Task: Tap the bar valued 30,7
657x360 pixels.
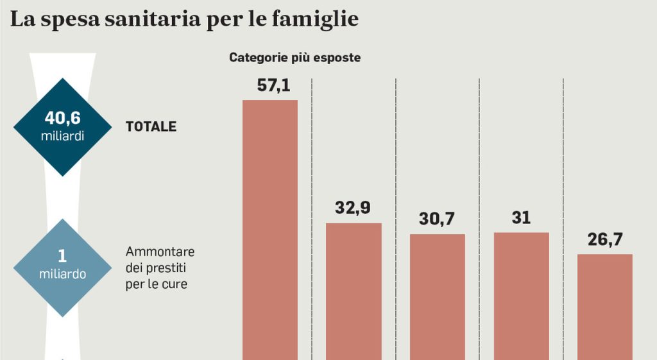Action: [437, 296]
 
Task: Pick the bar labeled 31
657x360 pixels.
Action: [521, 295]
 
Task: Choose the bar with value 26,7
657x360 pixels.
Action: [604, 307]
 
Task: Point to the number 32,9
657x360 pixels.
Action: [353, 209]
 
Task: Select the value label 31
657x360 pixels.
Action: [522, 218]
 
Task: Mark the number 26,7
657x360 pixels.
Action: [605, 240]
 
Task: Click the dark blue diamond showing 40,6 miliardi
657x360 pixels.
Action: [63, 126]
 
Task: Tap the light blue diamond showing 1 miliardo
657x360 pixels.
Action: [62, 266]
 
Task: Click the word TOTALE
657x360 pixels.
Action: [151, 127]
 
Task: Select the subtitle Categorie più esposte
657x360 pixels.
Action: [295, 58]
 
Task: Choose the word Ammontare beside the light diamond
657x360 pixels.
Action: [160, 251]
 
